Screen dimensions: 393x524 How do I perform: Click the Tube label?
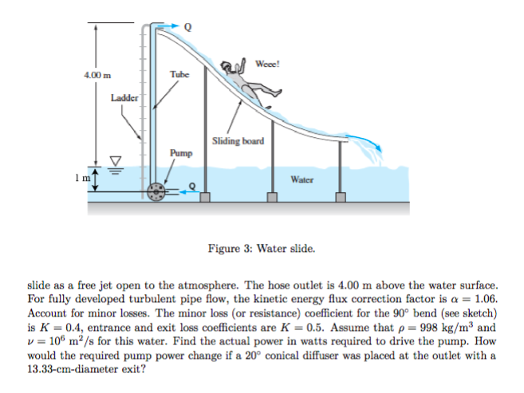[179, 74]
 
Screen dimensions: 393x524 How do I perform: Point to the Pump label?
[179, 151]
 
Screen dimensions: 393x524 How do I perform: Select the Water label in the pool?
[301, 180]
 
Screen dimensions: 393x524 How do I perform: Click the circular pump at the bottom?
[158, 191]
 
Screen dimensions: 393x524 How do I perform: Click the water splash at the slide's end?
[368, 147]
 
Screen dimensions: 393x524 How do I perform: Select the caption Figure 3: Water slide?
[262, 248]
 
